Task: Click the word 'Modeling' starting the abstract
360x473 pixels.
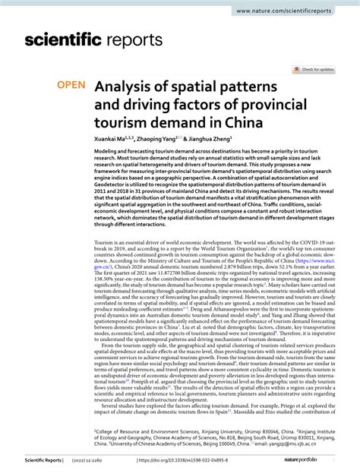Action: click(108, 152)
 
